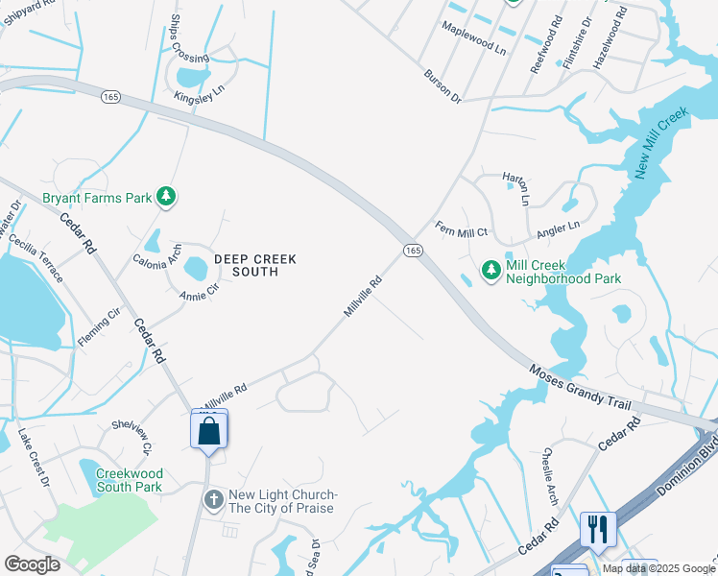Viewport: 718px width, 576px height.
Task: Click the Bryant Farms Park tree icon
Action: click(167, 197)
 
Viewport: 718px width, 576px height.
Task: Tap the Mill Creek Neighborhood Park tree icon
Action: click(491, 271)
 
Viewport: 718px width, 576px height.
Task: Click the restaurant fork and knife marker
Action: click(597, 528)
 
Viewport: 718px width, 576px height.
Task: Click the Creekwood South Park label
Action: click(129, 480)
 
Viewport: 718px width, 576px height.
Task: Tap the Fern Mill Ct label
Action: click(462, 231)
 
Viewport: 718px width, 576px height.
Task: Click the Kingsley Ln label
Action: click(199, 93)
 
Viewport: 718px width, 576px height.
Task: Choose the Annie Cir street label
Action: click(200, 292)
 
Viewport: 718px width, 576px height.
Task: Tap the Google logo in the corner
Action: click(32, 564)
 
